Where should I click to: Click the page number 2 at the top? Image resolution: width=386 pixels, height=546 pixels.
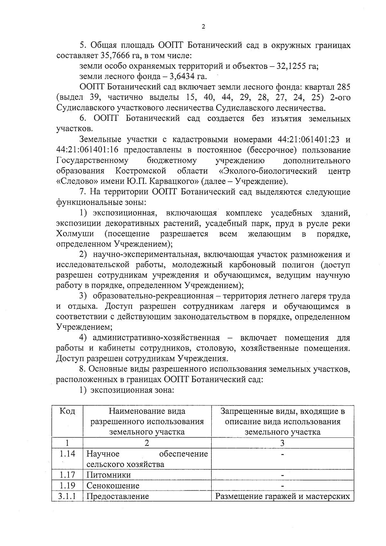tap(203, 27)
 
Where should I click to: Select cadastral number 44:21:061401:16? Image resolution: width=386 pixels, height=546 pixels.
tap(88, 150)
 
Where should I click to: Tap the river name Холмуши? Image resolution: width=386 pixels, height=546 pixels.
tap(75, 234)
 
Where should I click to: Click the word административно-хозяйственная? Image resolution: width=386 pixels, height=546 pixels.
tap(156, 338)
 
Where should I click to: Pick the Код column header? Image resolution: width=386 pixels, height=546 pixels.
tap(67, 411)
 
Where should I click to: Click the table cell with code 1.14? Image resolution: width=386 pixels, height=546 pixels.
tap(67, 454)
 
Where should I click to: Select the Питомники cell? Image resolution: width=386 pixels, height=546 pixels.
tap(109, 475)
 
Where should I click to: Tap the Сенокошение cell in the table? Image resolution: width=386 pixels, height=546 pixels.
tap(113, 486)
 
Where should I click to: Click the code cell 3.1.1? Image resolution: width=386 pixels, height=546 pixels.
tap(67, 496)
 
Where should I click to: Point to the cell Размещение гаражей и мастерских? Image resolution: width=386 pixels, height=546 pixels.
tap(282, 496)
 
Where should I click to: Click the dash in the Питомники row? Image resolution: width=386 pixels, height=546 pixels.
tap(282, 475)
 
